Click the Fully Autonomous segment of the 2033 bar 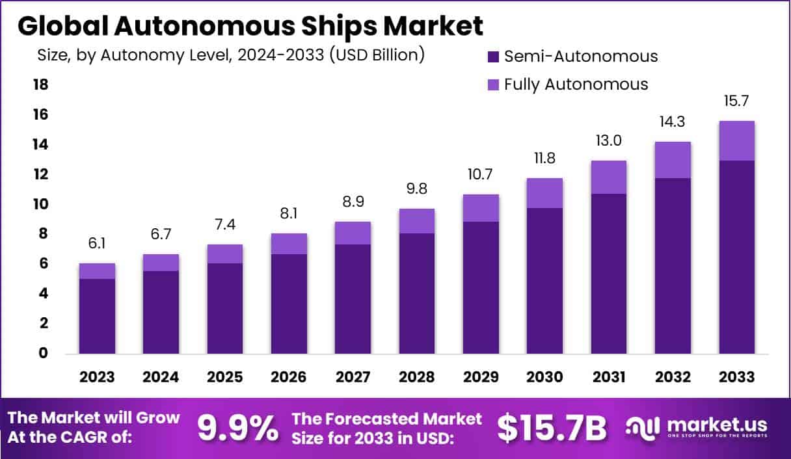736,140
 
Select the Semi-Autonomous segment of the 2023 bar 98,316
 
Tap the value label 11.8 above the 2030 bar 544,158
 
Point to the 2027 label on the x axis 353,377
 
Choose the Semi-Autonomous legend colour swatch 492,57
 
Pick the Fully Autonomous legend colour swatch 492,85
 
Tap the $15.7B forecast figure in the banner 552,428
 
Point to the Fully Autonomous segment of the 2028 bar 417,221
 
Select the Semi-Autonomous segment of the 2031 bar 608,273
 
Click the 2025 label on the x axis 225,377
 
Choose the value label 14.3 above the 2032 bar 673,122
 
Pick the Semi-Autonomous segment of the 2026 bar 289,304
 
